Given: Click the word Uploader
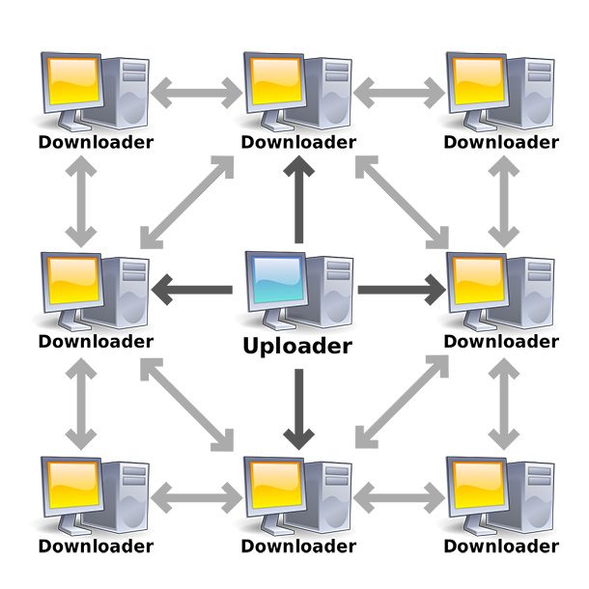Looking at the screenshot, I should (297, 346).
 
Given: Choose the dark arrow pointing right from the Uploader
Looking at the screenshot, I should (401, 289).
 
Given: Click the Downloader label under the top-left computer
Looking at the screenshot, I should (95, 143).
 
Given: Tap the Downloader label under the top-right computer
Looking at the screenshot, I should (500, 143).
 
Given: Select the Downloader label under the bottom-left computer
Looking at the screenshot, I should (95, 547).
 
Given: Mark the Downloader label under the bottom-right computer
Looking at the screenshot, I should (500, 547).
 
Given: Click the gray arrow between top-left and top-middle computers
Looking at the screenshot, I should (198, 95).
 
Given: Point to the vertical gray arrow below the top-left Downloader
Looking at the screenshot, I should (81, 200).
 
